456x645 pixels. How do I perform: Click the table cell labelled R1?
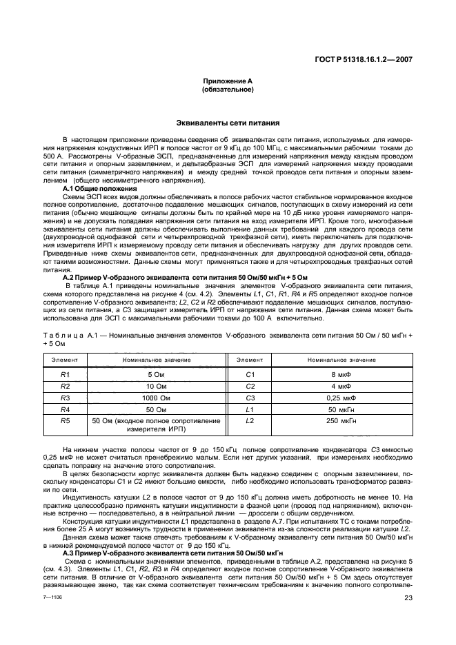pyautogui.click(x=65, y=373)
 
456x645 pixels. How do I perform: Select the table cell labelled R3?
pyautogui.click(x=65, y=398)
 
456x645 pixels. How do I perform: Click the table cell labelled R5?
pyautogui.click(x=65, y=420)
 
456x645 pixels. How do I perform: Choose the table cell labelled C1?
pyautogui.click(x=250, y=373)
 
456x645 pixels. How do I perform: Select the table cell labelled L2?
pyautogui.click(x=250, y=420)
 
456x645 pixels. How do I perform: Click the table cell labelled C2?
pyautogui.click(x=250, y=386)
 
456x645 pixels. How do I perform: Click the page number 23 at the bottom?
pyautogui.click(x=408, y=617)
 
